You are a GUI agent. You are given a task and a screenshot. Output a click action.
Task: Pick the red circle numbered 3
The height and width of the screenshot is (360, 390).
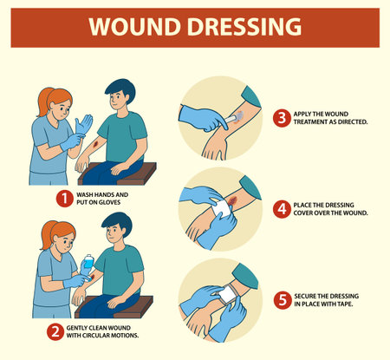282,117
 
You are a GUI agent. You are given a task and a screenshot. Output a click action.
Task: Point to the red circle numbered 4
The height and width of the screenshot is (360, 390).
282,207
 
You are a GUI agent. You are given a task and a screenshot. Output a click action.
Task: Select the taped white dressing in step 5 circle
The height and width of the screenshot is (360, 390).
231,295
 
